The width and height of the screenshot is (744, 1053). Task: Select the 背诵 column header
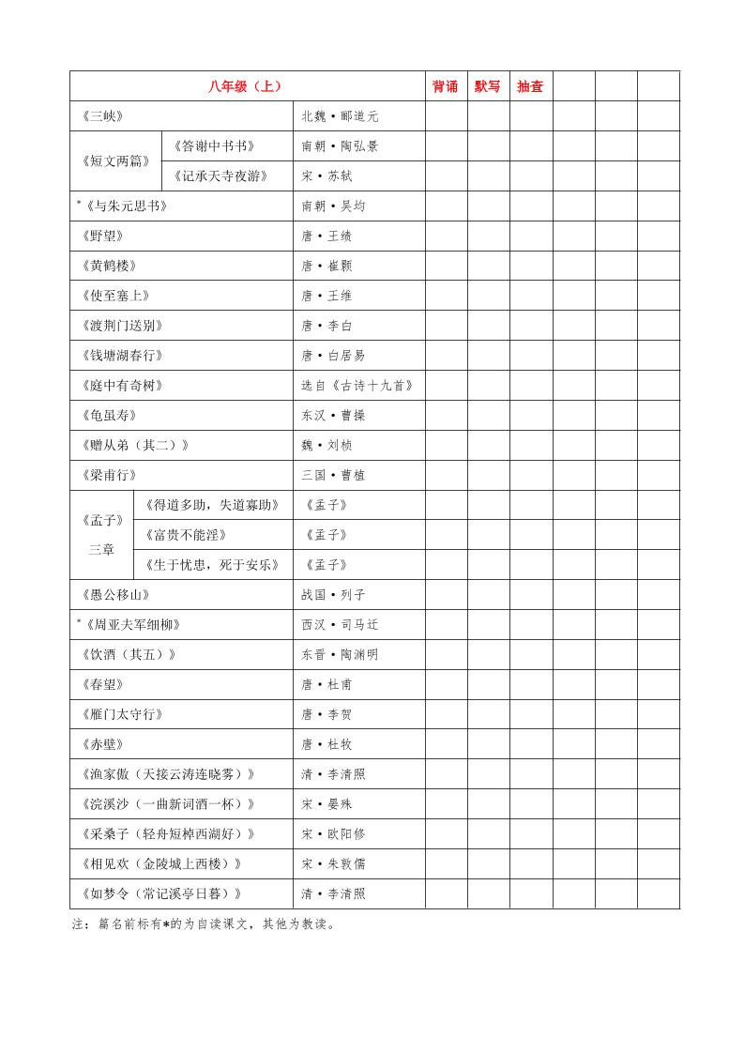click(446, 86)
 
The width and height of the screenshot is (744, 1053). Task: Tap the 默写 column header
click(488, 86)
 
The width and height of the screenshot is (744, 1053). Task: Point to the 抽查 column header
click(530, 86)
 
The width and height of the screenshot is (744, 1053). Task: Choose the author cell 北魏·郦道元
click(340, 116)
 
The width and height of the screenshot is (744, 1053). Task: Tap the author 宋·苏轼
click(326, 175)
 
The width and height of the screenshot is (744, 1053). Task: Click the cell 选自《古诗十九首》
click(357, 385)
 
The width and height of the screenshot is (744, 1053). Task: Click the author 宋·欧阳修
click(333, 834)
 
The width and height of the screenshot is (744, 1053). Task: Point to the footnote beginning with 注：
click(203, 923)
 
